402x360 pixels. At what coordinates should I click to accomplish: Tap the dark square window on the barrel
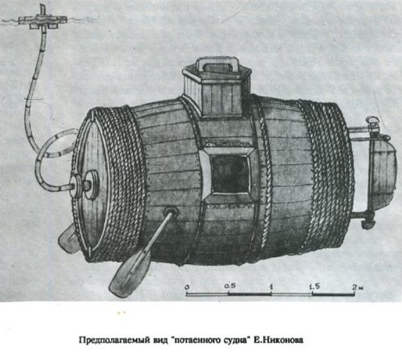230,174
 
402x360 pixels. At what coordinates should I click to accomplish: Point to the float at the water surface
43,20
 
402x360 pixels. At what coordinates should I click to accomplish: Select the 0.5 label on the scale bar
230,286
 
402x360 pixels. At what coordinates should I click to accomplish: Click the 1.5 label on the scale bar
314,286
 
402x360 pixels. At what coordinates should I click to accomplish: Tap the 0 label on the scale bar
187,286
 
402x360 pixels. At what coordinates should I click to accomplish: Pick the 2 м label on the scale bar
357,287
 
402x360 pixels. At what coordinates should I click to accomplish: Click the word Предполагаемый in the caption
115,340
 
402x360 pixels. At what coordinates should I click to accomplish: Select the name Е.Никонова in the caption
278,340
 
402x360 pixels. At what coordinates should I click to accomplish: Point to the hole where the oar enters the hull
171,212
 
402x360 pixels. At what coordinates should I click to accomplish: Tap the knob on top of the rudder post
373,120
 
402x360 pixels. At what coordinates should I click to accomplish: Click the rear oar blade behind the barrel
67,240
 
